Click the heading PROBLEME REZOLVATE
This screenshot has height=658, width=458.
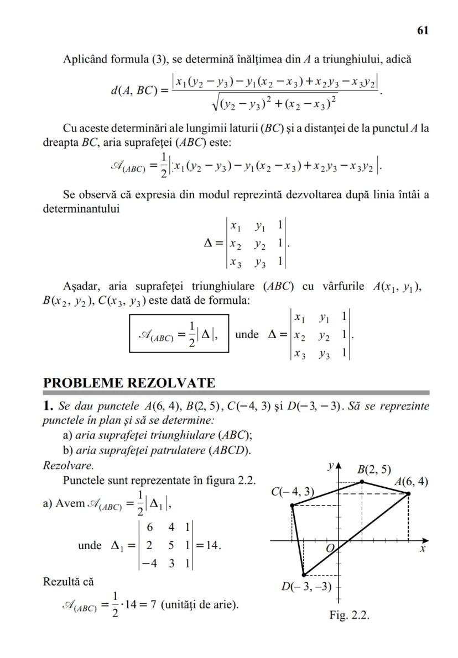pos(129,383)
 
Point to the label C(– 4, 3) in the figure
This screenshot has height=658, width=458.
pos(293,492)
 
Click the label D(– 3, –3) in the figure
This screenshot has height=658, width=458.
pos(306,587)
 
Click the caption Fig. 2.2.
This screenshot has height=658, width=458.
pos(349,615)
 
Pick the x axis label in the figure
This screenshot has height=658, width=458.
pos(421,550)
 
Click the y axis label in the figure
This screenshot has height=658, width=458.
pos(330,467)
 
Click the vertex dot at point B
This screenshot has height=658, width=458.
pos(362,482)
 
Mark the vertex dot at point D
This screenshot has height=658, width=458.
pos(304,575)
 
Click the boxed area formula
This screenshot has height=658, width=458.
pos(179,334)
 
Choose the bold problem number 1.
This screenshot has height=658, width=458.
pos(48,407)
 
